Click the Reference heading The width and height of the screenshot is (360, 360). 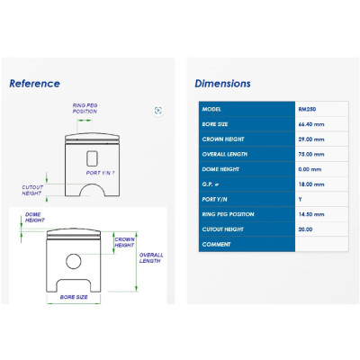point(34,84)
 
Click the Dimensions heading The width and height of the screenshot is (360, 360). point(222,84)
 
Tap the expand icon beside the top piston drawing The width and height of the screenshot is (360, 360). point(158,111)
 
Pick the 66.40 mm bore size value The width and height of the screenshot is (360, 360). point(311,124)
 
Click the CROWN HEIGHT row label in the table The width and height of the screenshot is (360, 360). point(223,139)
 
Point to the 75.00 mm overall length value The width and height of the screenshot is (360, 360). point(311,154)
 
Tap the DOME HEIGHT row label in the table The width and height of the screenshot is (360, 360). point(220,169)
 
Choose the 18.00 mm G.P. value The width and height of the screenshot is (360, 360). point(311,184)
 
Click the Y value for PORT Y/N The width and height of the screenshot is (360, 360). point(300,199)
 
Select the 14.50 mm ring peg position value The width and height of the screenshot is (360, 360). point(311,214)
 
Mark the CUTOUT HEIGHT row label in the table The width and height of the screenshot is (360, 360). point(222,229)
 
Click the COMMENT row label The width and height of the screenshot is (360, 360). point(216,244)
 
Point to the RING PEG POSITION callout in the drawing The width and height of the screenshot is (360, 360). point(85,108)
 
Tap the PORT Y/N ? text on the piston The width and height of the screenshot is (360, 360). point(100,173)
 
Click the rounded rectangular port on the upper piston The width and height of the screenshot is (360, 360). point(93,158)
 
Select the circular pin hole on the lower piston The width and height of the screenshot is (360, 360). point(74,261)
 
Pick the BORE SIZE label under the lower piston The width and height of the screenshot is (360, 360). point(74,297)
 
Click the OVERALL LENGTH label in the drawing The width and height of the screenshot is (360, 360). point(151,258)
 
